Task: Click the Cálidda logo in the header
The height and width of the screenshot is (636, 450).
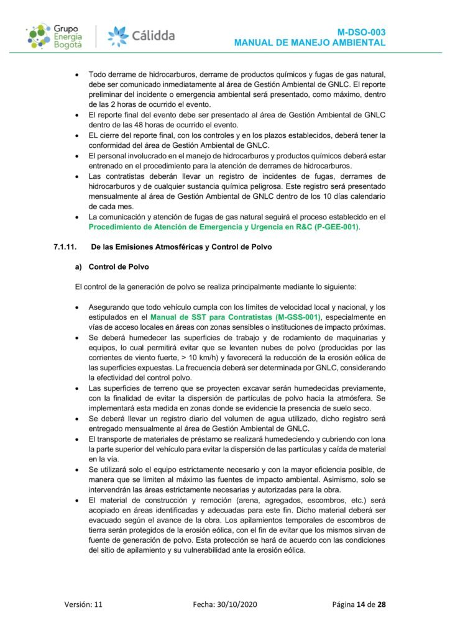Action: click(141, 35)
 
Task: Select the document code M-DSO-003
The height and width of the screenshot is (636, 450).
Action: click(362, 31)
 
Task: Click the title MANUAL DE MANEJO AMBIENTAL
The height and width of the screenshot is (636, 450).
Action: click(310, 42)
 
